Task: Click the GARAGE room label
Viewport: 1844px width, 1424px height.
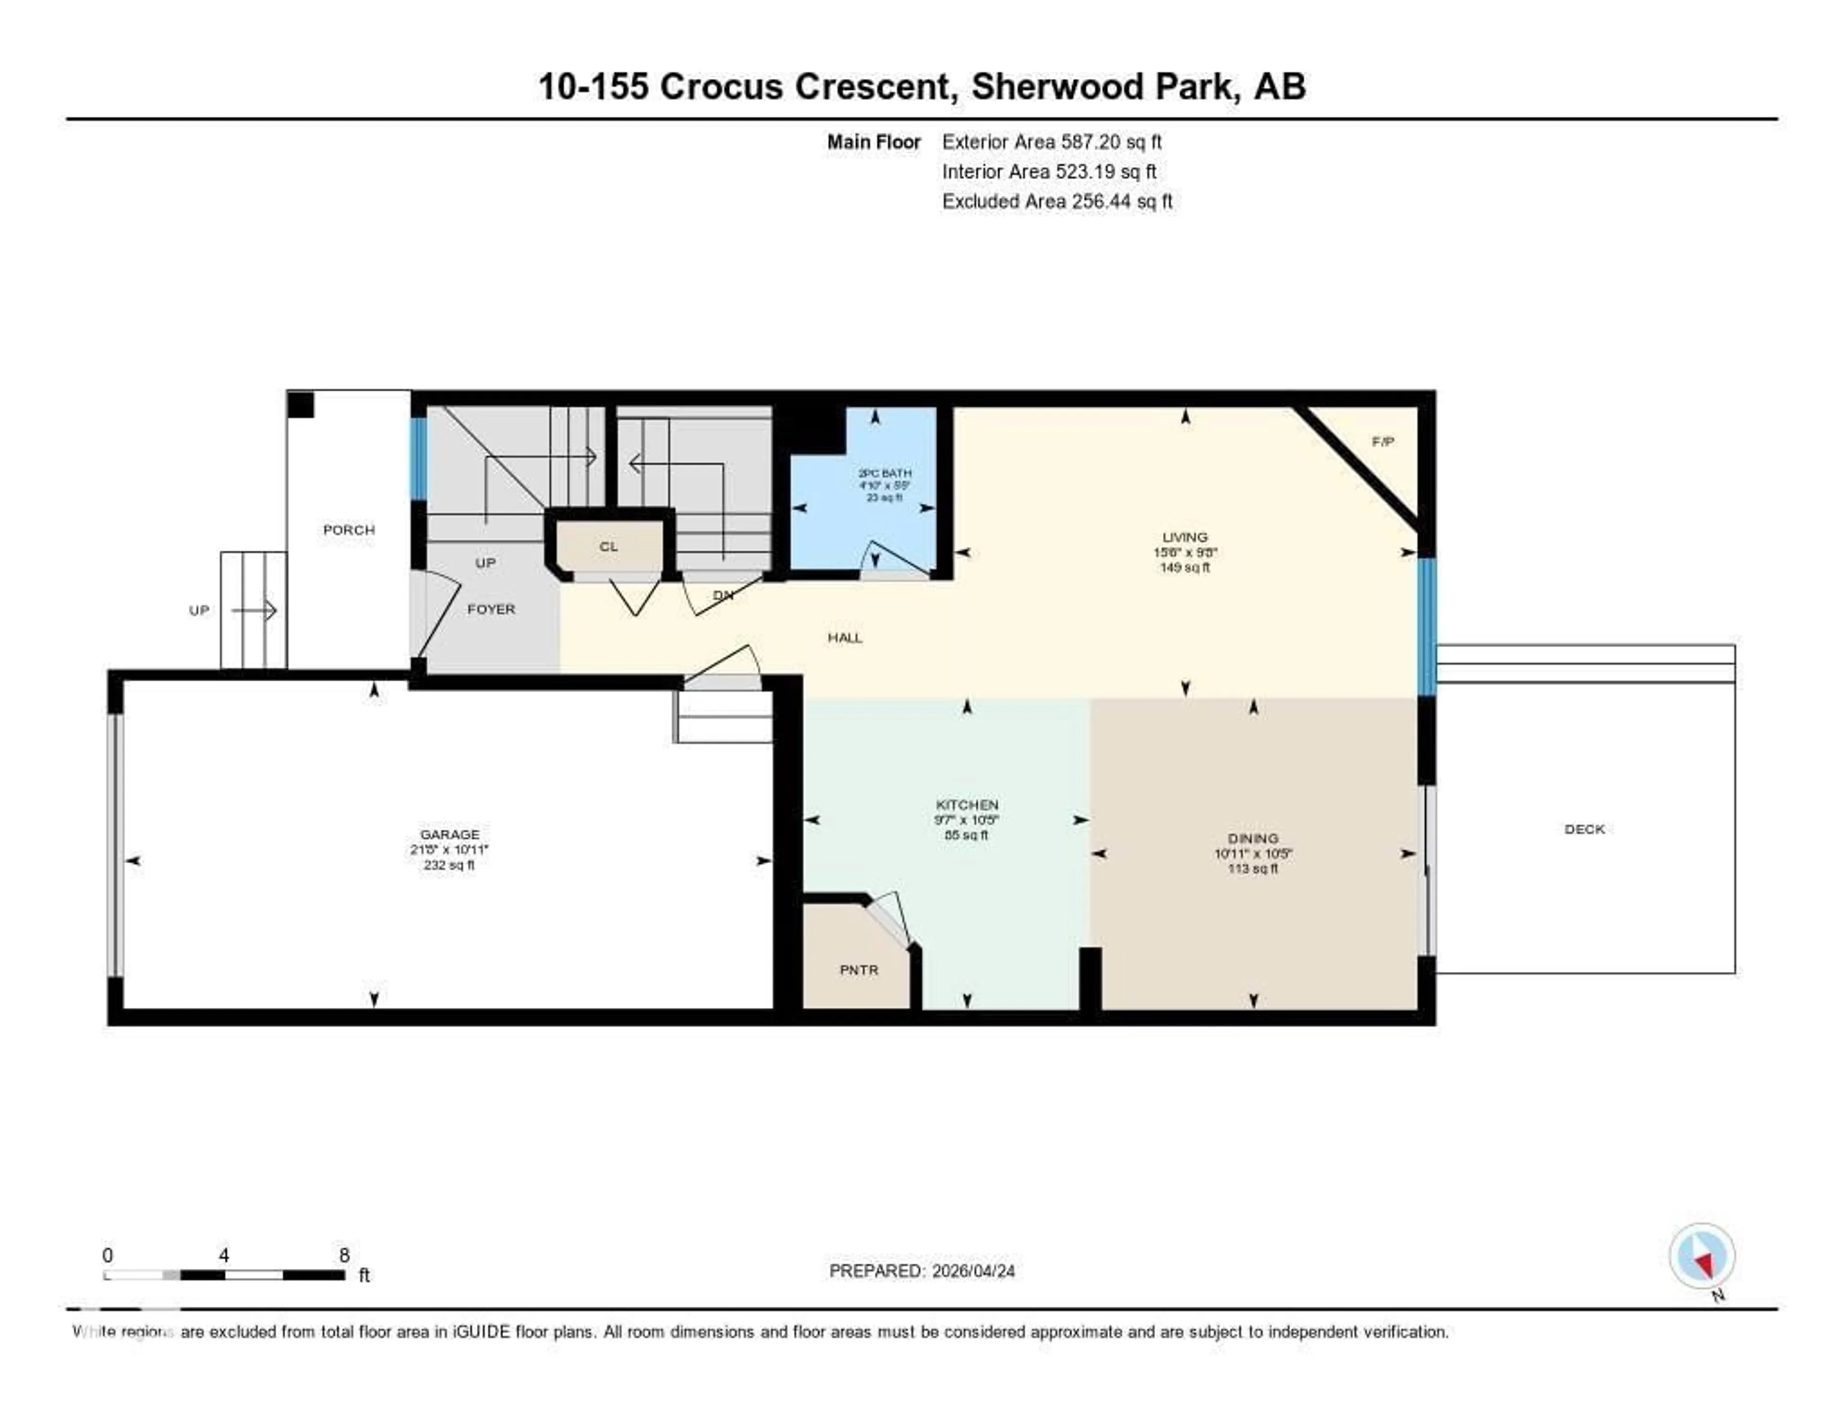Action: [449, 834]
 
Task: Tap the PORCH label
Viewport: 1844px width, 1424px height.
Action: [349, 530]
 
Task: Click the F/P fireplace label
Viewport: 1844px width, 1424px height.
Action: [1382, 442]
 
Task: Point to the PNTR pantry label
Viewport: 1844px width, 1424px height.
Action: [859, 970]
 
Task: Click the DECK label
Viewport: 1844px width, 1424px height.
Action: [1584, 829]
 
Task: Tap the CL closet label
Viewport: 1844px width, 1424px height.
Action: [609, 546]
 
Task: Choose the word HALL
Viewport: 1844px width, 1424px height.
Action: [844, 637]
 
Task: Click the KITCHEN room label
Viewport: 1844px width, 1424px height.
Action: [967, 805]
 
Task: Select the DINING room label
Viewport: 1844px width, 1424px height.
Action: [1253, 838]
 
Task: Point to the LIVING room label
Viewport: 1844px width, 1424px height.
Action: [1185, 537]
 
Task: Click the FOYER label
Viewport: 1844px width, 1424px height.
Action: [491, 609]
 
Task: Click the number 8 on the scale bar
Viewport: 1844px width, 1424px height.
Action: [344, 1255]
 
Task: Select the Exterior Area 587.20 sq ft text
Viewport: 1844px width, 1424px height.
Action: [1051, 142]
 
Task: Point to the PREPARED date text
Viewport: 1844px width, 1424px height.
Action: [921, 1270]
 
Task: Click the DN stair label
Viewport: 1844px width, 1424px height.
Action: [723, 595]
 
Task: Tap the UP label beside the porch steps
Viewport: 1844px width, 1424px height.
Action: [198, 610]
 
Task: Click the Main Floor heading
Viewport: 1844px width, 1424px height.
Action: [873, 142]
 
